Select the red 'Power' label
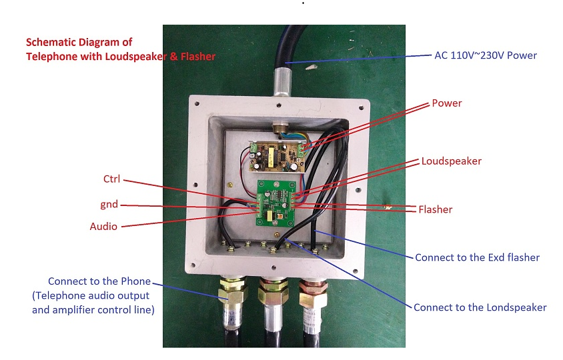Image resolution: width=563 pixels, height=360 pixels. point(446,103)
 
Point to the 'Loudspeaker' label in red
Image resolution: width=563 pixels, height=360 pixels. point(451,161)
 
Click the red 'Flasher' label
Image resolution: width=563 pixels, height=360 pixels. point(435,209)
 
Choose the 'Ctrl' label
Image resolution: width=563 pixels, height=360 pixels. point(111,179)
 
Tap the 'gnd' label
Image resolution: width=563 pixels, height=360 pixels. point(109,204)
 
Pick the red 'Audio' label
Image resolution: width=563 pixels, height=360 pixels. point(103,227)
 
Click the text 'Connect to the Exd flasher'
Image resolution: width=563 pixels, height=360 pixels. point(477,257)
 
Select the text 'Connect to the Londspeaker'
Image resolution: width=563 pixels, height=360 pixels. point(480,307)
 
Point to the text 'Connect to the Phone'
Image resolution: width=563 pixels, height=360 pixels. point(99,281)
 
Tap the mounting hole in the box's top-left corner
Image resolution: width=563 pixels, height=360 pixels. point(197,104)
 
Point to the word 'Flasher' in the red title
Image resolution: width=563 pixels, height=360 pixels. point(197,57)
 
